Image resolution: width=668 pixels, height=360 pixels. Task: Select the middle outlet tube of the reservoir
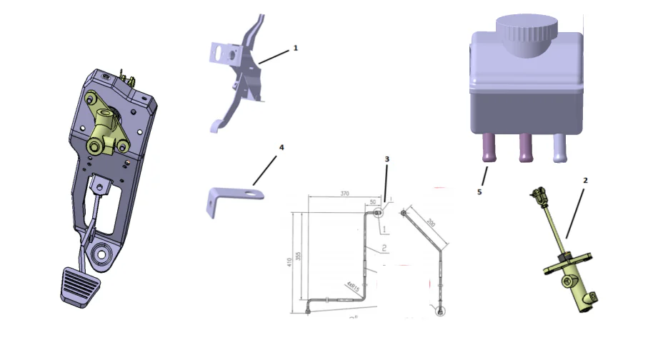[527, 149]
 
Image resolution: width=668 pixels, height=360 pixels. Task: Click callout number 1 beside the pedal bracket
[295, 49]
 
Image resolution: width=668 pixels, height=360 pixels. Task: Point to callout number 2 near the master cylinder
[585, 181]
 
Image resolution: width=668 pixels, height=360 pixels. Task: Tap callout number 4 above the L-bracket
[281, 147]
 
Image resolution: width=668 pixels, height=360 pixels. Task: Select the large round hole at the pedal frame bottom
[101, 253]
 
